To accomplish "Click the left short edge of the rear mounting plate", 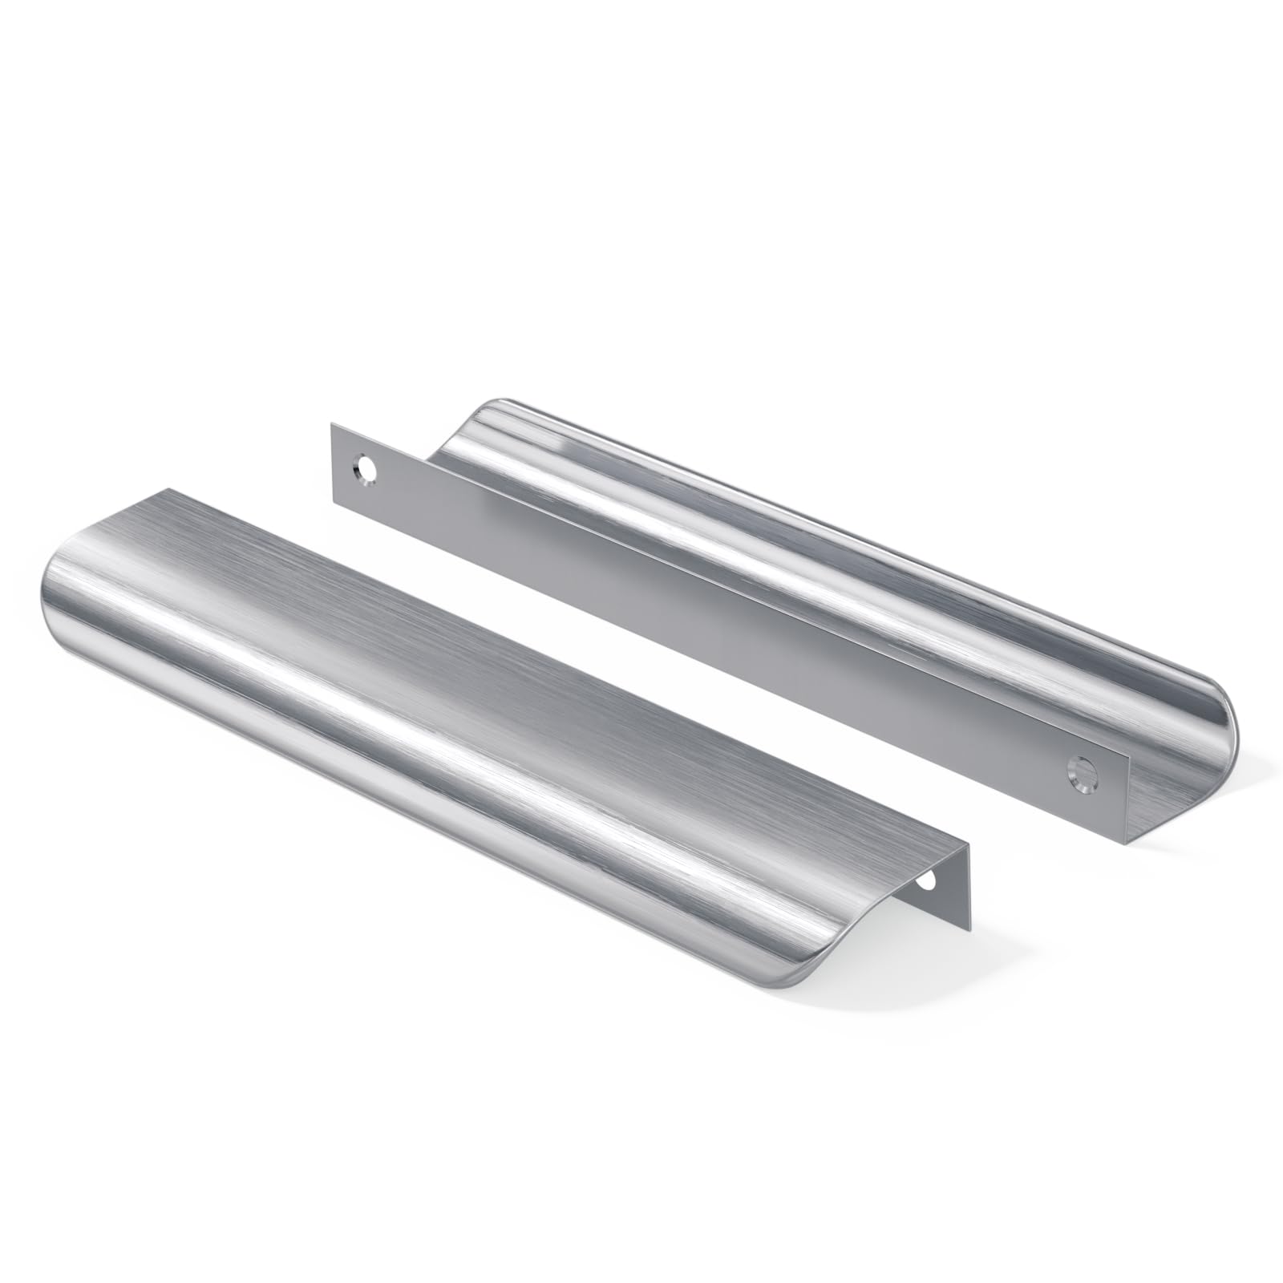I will (x=332, y=463).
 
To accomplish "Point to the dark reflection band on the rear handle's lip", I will (x=802, y=513).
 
